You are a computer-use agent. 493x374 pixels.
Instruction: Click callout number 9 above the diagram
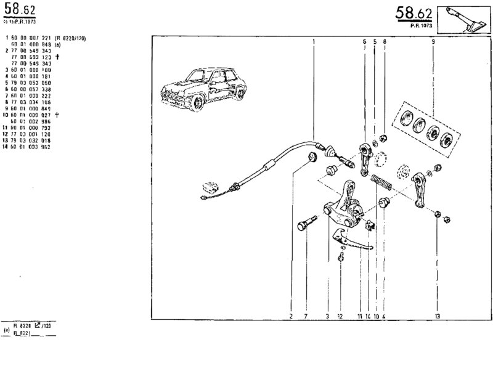click(433, 41)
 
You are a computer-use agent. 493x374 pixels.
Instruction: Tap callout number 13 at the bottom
click(437, 316)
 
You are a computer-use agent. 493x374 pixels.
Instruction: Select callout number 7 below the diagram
click(306, 316)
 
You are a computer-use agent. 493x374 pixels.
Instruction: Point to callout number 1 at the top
click(314, 41)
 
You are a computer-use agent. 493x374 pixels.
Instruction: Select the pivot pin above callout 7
click(306, 221)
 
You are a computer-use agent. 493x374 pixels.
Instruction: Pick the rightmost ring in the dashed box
click(449, 136)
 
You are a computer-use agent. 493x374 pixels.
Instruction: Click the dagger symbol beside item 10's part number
click(57, 115)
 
